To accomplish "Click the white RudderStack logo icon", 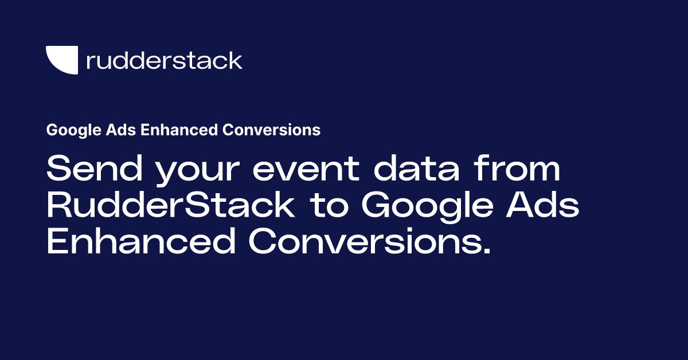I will click(x=61, y=60).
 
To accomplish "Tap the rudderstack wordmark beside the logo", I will click(x=164, y=60).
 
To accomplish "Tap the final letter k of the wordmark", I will click(x=236, y=60).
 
